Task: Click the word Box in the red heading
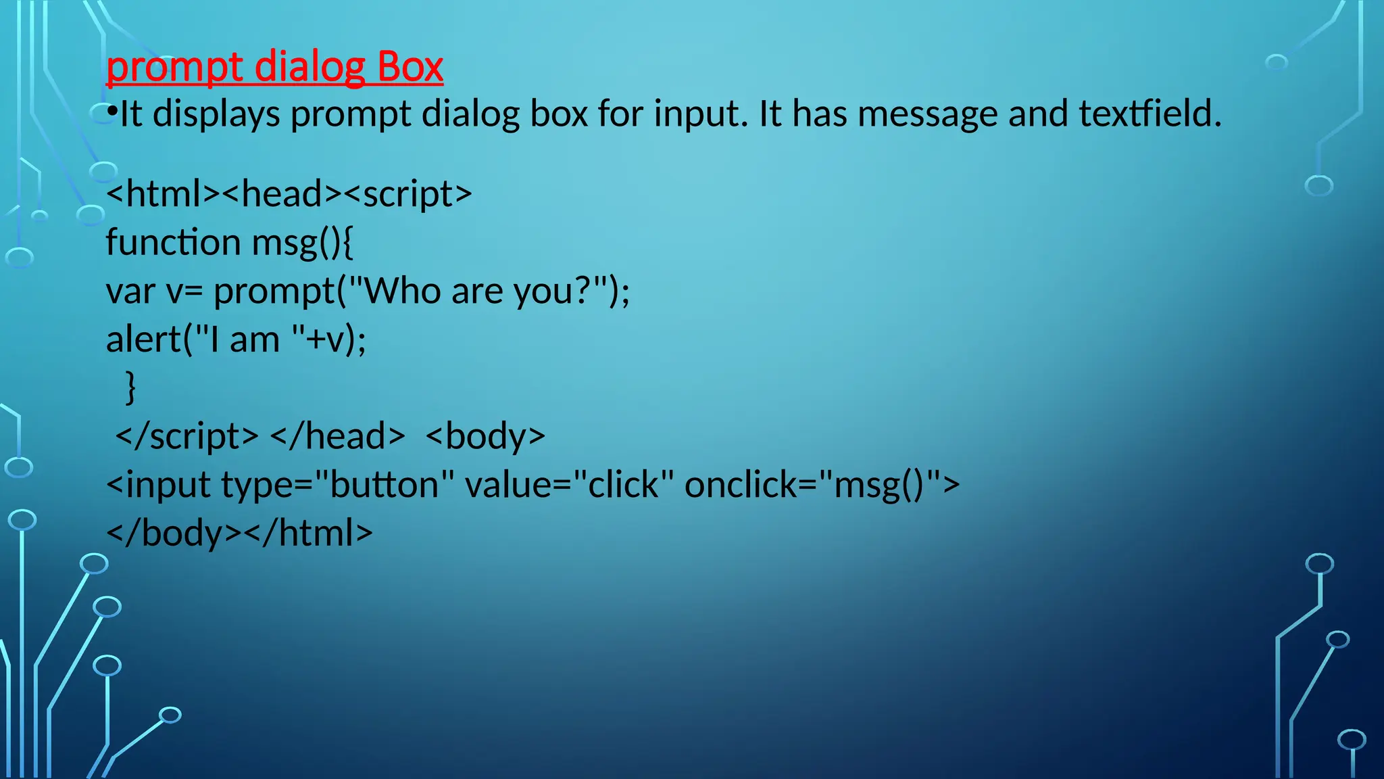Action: (410, 67)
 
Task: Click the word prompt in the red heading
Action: (174, 68)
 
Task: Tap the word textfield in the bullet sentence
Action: (1150, 114)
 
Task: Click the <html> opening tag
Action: (163, 194)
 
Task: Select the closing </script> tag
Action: (187, 436)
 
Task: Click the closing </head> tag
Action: (337, 436)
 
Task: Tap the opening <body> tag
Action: (485, 436)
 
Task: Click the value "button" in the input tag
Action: (384, 485)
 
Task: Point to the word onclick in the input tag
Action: (740, 485)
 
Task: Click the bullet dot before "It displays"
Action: (112, 112)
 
